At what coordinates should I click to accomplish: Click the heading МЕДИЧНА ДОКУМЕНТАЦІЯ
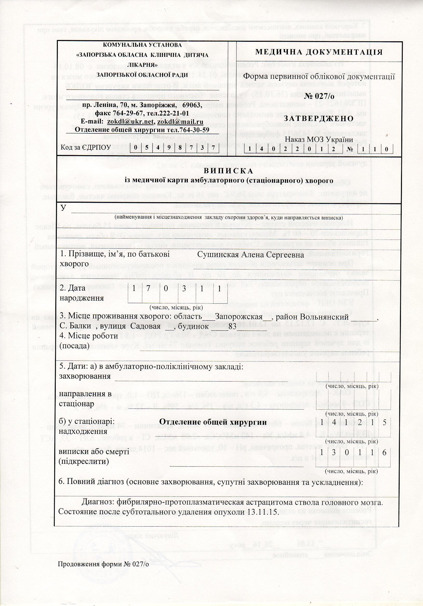click(x=319, y=52)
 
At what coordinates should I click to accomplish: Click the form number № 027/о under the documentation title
click(x=319, y=96)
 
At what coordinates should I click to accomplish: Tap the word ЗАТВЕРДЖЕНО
click(x=318, y=118)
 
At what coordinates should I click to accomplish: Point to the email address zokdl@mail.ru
click(x=180, y=122)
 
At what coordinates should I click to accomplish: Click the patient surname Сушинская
click(x=217, y=255)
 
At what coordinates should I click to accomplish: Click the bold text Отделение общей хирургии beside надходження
click(x=213, y=422)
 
